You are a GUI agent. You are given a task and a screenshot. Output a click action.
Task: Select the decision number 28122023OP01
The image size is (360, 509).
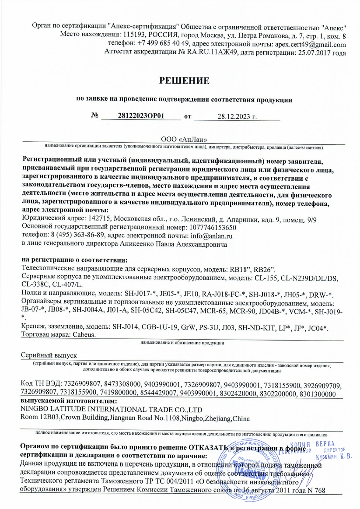coord(141,116)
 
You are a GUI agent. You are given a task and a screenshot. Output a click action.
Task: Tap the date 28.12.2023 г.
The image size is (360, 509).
coord(237,116)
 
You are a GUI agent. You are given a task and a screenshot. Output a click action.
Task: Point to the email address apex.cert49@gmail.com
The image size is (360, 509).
coord(310,45)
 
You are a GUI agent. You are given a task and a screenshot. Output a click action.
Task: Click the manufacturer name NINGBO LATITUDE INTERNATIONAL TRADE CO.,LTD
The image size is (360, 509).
coord(112,409)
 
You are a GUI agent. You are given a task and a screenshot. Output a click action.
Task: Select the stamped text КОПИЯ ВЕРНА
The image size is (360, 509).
coord(313,443)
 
